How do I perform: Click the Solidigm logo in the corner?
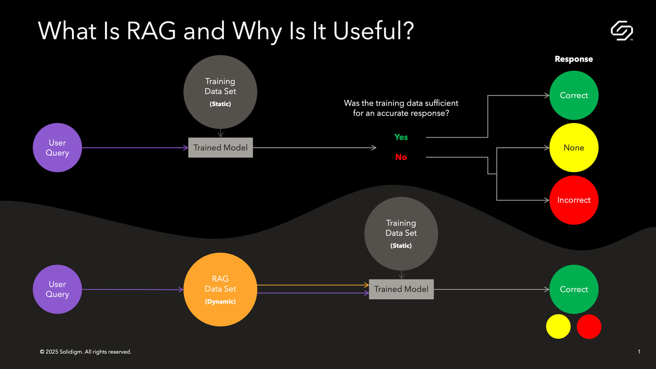click(621, 31)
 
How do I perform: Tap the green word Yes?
click(401, 137)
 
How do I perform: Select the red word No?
click(401, 157)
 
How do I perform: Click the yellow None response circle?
click(574, 148)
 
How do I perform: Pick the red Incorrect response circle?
click(574, 200)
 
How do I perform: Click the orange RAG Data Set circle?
click(220, 289)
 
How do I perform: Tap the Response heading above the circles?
click(573, 59)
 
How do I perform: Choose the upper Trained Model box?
click(221, 148)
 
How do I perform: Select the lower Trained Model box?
click(401, 289)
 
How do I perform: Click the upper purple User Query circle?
click(57, 148)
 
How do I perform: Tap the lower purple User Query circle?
click(57, 289)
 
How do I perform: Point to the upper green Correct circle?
click(574, 95)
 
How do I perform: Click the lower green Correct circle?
click(574, 289)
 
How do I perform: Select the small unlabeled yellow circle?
click(558, 327)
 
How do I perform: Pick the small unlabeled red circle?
click(589, 327)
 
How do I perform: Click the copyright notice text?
click(85, 352)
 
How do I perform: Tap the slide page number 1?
click(639, 352)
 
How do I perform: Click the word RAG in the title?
click(151, 31)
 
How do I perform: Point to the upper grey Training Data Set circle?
click(220, 92)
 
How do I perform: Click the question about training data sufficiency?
click(401, 108)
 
